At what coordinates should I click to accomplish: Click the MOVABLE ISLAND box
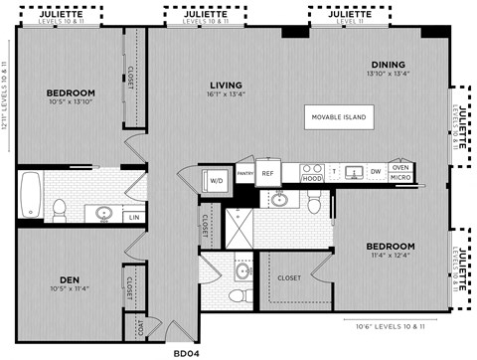[x=338, y=117]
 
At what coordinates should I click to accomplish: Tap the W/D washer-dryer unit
[x=216, y=180]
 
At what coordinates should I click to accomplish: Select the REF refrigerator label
[x=267, y=172]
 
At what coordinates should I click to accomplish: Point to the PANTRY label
[x=244, y=172]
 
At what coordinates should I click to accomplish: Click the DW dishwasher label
[x=376, y=172]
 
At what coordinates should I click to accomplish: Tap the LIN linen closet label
[x=133, y=217]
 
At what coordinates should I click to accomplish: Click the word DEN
[x=70, y=279]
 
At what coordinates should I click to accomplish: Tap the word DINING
[x=389, y=63]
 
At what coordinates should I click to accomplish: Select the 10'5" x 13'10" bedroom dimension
[x=71, y=103]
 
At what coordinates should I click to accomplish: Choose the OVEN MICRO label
[x=400, y=172]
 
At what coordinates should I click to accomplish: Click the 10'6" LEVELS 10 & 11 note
[x=389, y=323]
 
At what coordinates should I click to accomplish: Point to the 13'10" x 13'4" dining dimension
[x=389, y=73]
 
